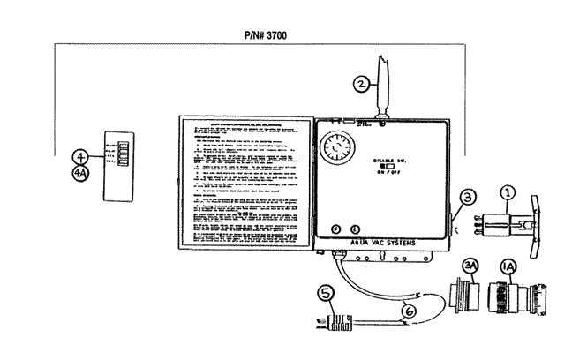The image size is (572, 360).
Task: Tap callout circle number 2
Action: tap(361, 86)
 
